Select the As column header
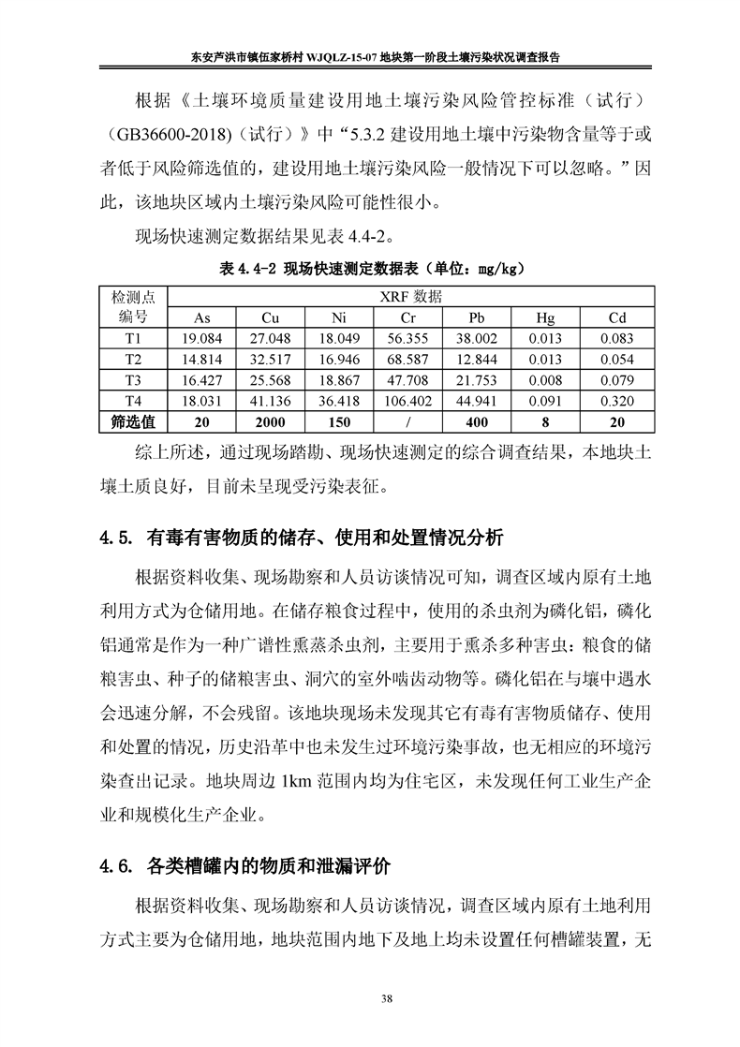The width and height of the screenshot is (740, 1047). pyautogui.click(x=201, y=317)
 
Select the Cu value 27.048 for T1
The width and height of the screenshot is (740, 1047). pyautogui.click(x=271, y=338)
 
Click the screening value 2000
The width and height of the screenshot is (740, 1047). pyautogui.click(x=271, y=422)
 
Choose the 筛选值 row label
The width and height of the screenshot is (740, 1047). pyautogui.click(x=133, y=422)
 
